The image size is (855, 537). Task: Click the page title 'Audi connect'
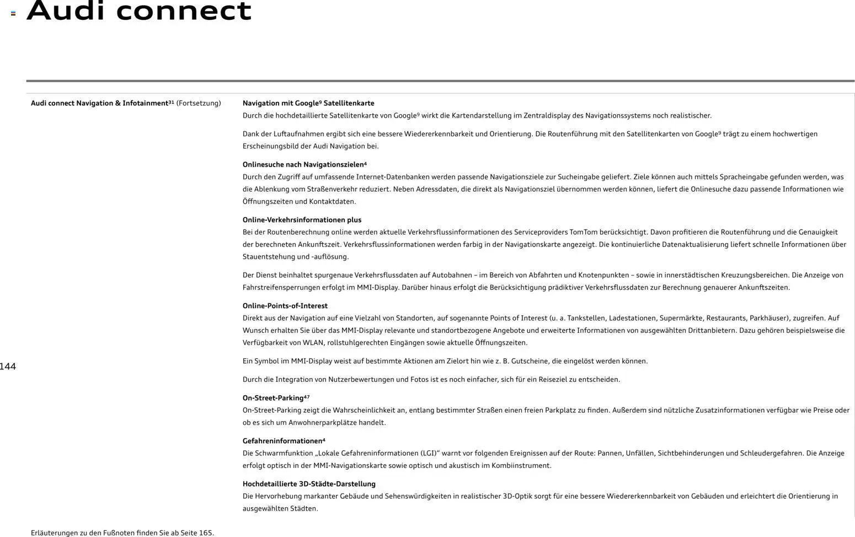139,11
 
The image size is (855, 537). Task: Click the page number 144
8,366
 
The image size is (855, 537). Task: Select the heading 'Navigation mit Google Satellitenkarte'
308,103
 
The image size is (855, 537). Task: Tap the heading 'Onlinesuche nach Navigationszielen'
304,164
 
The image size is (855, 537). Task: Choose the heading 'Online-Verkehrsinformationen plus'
302,220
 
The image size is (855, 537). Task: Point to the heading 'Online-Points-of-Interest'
285,306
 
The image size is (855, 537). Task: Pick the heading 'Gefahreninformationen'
282,441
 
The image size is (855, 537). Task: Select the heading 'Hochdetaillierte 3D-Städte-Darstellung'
309,484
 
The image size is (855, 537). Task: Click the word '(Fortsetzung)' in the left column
199,103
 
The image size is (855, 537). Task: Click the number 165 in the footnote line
206,533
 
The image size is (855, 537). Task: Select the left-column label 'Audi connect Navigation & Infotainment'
99,103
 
